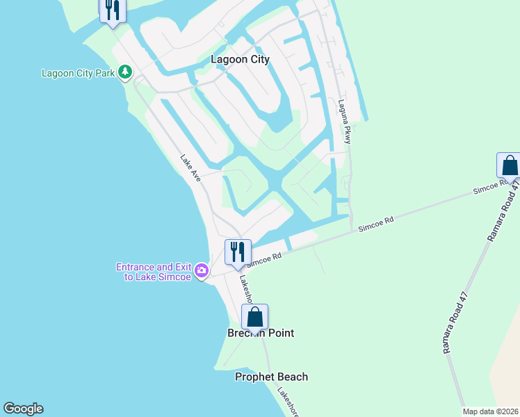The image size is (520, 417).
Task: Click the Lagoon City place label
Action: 240,60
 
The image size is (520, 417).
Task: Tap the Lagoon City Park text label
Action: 77,73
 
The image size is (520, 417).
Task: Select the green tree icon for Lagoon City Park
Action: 125,72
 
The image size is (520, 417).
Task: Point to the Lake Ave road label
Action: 190,168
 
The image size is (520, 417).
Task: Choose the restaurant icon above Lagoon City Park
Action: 112,10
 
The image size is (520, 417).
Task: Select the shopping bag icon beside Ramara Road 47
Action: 510,166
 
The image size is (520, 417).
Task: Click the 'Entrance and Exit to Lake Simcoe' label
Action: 155,272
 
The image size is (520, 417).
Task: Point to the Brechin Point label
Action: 261,334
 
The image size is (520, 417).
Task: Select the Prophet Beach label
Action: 271,377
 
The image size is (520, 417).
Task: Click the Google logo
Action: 23,409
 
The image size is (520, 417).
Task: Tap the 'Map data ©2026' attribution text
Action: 489,411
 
